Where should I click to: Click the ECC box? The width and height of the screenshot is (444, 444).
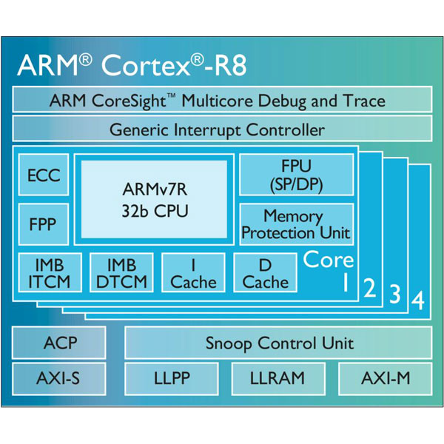click(x=44, y=176)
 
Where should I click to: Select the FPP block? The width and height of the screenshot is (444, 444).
click(x=44, y=223)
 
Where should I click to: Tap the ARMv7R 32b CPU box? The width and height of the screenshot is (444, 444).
click(x=154, y=199)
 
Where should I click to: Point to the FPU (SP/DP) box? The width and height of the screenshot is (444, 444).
click(x=295, y=175)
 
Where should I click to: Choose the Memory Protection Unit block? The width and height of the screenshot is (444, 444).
click(x=295, y=224)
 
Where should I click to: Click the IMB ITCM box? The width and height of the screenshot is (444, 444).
click(x=44, y=273)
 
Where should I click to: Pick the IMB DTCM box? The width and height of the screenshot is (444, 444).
click(x=121, y=273)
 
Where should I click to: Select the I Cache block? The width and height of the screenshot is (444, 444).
click(x=192, y=273)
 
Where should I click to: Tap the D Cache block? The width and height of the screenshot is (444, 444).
click(x=265, y=273)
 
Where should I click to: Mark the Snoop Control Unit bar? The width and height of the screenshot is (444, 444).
click(x=278, y=343)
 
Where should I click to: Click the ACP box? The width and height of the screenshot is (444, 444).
click(x=59, y=343)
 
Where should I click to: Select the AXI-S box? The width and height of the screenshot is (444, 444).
click(x=59, y=378)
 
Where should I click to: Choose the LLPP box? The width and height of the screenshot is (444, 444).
click(x=172, y=378)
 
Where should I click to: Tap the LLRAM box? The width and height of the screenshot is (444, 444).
click(x=277, y=378)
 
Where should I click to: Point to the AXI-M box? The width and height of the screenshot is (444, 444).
click(x=385, y=378)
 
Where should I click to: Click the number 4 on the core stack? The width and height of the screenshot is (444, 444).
click(x=418, y=301)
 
